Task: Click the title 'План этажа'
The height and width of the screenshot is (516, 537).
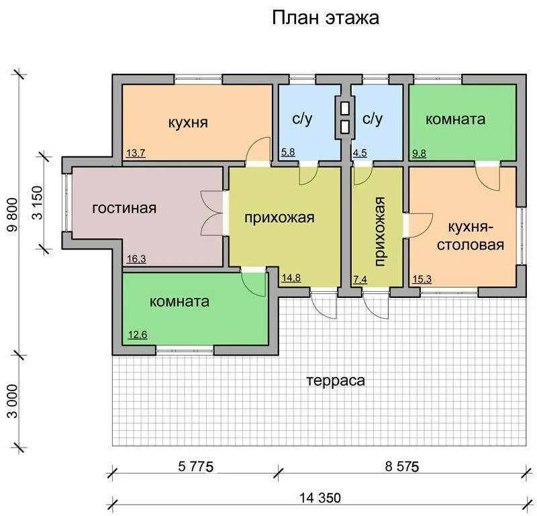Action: (x=326, y=17)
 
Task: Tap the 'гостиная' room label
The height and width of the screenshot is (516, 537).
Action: (x=124, y=208)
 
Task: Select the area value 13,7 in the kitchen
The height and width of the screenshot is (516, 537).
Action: (x=136, y=153)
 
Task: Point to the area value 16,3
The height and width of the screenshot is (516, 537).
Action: (x=136, y=258)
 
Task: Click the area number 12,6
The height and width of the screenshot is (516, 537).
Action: (x=138, y=333)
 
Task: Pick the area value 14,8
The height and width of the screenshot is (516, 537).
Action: (x=291, y=277)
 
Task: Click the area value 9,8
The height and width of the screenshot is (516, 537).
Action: (x=419, y=153)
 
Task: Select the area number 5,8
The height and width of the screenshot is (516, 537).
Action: (x=288, y=152)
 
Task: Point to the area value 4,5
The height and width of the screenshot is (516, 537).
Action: (x=360, y=152)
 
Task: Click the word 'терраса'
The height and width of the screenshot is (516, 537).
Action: (x=336, y=381)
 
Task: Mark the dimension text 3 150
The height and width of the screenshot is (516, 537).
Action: (x=38, y=202)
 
